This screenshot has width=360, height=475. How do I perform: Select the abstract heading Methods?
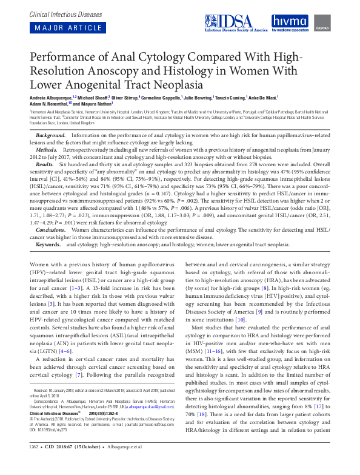pos(47,148)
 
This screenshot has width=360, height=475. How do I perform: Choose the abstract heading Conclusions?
pos(52,231)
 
